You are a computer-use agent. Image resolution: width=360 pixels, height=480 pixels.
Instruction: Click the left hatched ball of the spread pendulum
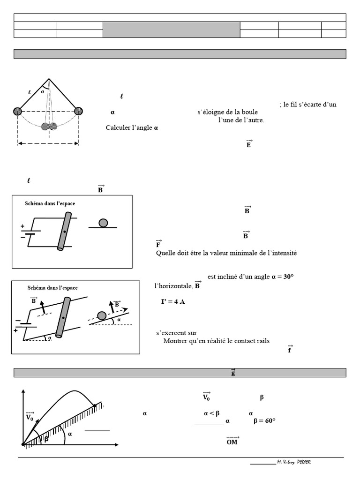tap(17, 111)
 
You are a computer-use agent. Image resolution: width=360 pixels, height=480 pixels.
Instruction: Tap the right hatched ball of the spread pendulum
tap(78, 111)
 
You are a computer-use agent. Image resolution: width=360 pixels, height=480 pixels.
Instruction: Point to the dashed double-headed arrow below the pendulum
tap(48, 143)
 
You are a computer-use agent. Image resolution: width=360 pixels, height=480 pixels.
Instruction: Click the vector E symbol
tap(248, 144)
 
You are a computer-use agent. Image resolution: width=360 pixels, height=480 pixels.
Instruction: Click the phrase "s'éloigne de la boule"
tap(227, 112)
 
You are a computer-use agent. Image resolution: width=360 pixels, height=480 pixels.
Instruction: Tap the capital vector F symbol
tap(158, 244)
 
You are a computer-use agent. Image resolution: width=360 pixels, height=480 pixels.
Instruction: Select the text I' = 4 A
tap(173, 301)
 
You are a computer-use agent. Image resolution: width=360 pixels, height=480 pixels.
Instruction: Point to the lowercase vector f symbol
tap(290, 349)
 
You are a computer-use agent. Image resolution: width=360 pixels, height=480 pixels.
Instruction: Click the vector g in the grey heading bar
tap(233, 373)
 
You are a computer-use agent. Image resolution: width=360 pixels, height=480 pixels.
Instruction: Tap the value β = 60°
tap(264, 421)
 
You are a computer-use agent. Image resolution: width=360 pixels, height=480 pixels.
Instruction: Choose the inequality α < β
tap(212, 413)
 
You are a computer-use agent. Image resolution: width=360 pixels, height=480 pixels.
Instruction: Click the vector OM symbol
tap(232, 441)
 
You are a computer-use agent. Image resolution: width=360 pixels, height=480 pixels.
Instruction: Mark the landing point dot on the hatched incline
tap(95, 405)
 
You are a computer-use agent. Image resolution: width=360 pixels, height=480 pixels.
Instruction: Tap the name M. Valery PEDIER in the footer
tap(294, 462)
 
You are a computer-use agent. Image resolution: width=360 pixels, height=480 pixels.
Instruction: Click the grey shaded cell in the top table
tap(171, 30)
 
